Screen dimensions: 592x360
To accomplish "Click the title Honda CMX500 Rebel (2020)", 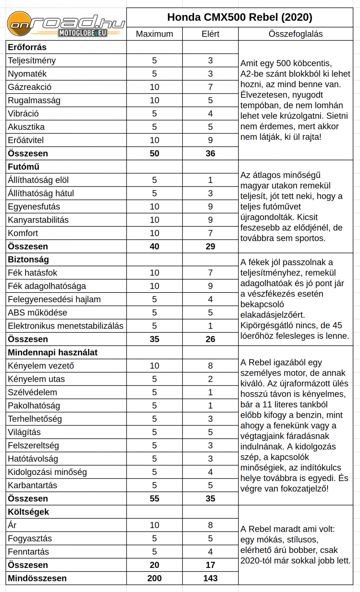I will point(239,17).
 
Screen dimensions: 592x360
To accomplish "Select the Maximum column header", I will point(154,34).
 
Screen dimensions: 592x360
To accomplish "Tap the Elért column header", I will point(210,34).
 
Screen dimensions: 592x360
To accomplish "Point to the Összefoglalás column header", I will point(296,34).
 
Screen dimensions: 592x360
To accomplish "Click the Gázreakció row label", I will point(29,87).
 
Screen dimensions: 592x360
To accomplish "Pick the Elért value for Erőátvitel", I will point(210,140).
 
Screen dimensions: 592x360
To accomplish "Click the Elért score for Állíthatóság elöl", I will point(210,180).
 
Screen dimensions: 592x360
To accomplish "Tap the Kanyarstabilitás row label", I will point(38,220).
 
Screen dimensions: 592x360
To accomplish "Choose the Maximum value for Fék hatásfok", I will point(154,273).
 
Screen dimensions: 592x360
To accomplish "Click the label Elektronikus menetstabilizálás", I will point(66,326).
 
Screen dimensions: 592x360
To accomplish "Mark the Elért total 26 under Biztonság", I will point(210,339).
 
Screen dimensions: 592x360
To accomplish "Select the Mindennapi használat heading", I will point(53,352).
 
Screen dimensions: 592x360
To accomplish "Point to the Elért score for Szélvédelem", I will point(210,392).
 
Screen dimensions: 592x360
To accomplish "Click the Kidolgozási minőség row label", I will point(47,472).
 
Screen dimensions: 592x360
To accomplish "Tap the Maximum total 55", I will point(154,499).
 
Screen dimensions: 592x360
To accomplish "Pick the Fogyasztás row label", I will point(30,539).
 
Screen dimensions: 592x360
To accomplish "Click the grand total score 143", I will point(210,578).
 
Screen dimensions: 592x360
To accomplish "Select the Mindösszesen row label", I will point(37,578).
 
